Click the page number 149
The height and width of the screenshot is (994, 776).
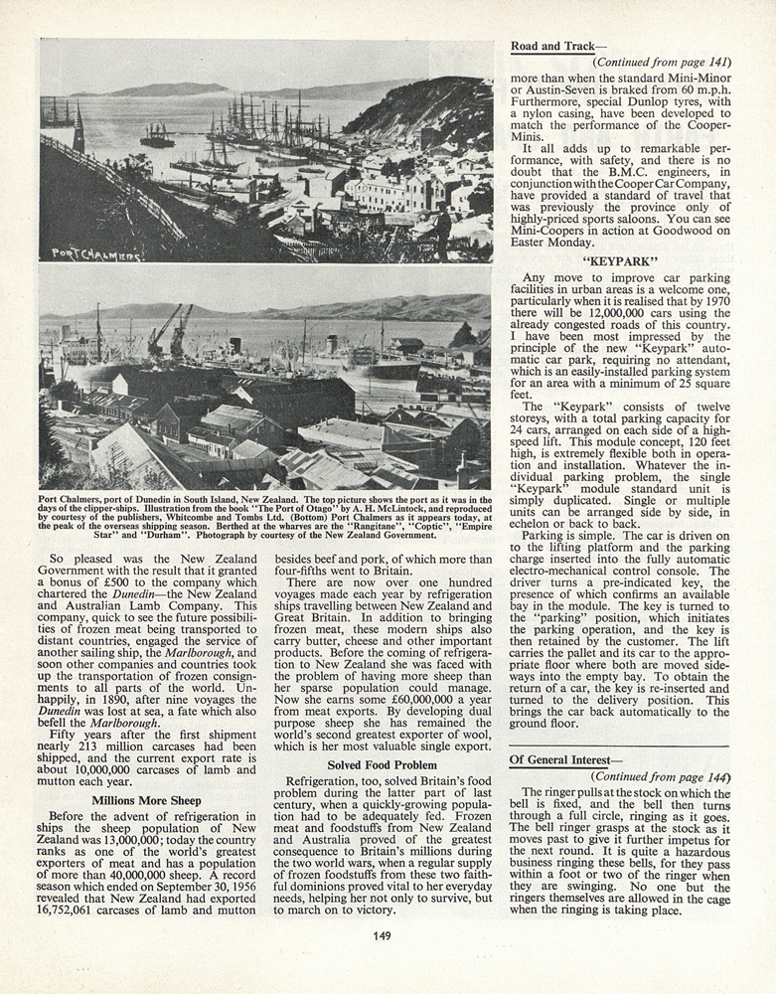(x=383, y=935)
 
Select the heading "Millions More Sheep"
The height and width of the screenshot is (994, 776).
(x=146, y=800)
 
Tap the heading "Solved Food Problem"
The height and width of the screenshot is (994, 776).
(x=383, y=765)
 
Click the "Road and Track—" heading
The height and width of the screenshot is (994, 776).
(x=552, y=46)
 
